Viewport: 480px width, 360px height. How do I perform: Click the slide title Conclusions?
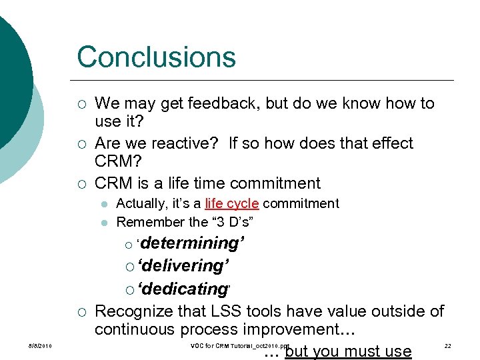[156, 57]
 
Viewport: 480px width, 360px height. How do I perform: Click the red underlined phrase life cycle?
[231, 204]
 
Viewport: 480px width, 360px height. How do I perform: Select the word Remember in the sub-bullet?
[142, 222]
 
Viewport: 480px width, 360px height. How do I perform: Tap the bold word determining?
[191, 243]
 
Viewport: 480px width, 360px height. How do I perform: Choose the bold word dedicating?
[183, 289]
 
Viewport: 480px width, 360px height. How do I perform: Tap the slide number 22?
[447, 346]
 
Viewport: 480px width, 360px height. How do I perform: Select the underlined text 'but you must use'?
[347, 351]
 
